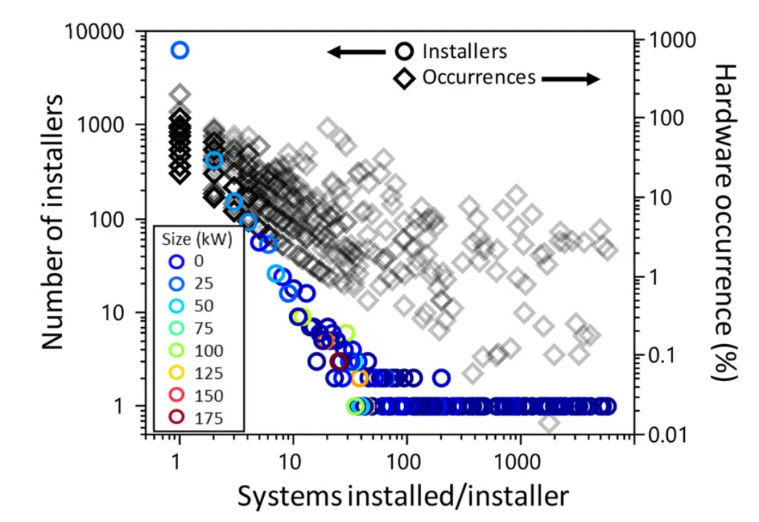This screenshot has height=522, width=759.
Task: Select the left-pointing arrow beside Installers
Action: (357, 52)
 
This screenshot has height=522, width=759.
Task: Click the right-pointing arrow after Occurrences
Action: (570, 79)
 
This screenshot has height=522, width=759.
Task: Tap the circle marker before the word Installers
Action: (404, 52)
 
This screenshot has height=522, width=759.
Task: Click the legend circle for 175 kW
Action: (176, 417)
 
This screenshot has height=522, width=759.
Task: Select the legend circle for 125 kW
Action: (176, 372)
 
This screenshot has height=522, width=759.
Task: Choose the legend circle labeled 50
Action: (176, 305)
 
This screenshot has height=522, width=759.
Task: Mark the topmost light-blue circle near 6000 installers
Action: (180, 50)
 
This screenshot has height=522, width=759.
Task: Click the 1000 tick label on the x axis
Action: (520, 461)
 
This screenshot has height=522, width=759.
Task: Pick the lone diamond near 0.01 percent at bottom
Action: (548, 423)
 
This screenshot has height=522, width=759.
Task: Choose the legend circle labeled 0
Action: (176, 261)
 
